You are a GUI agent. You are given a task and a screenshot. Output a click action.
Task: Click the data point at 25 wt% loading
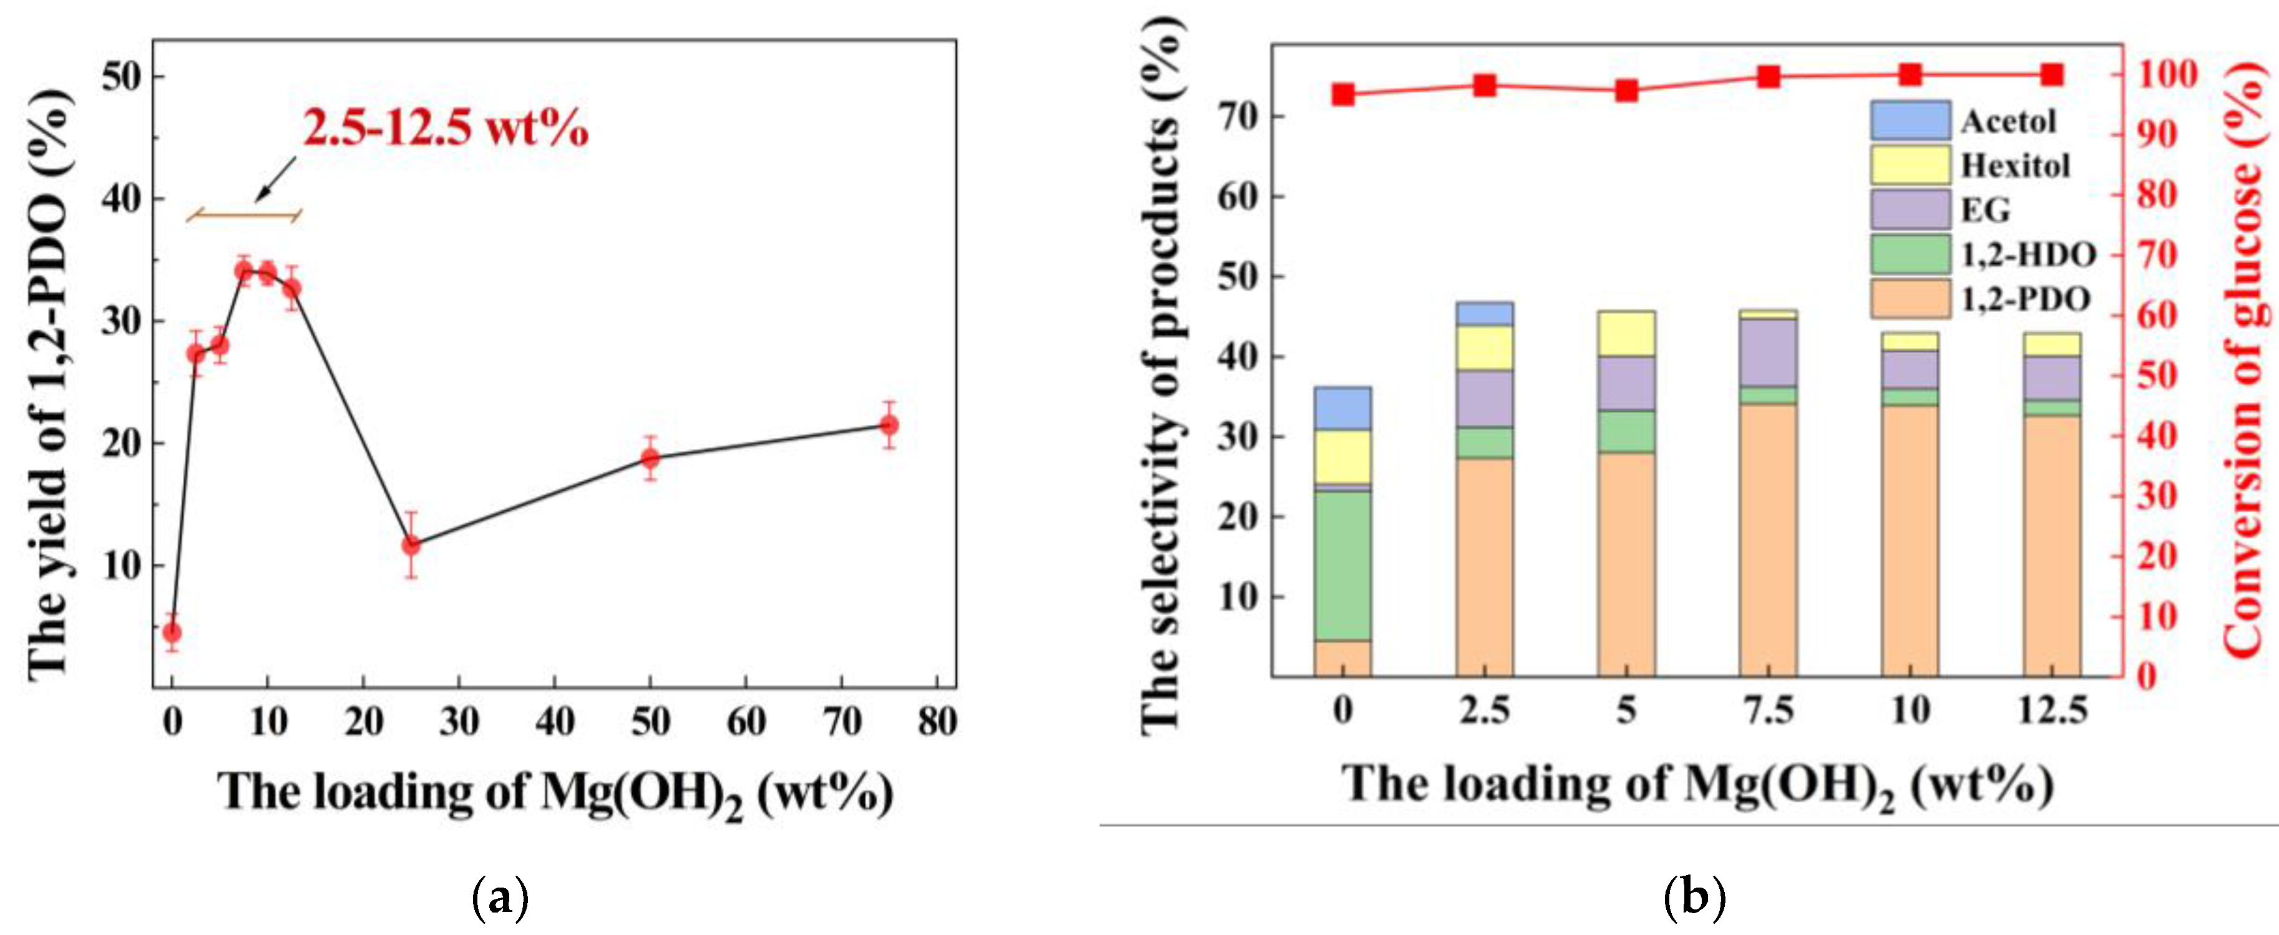tap(411, 545)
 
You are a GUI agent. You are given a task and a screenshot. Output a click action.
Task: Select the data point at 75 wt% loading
tap(889, 425)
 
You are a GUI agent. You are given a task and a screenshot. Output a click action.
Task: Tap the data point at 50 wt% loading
tap(650, 458)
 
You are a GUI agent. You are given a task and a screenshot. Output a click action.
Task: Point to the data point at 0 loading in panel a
tap(172, 632)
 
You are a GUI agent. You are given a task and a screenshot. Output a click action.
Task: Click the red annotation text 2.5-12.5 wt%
tap(445, 129)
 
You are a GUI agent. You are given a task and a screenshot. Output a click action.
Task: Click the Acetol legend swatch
tap(1909, 120)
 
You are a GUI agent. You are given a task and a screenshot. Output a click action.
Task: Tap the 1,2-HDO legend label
tap(2028, 256)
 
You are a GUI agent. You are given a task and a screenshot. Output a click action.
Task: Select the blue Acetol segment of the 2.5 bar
tap(1483, 314)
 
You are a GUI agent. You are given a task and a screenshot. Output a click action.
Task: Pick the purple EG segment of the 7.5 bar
tap(1768, 352)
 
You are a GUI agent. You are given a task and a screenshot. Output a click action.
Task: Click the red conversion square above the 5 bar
tap(1626, 90)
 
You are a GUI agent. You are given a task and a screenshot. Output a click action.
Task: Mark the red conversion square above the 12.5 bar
tap(2052, 74)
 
